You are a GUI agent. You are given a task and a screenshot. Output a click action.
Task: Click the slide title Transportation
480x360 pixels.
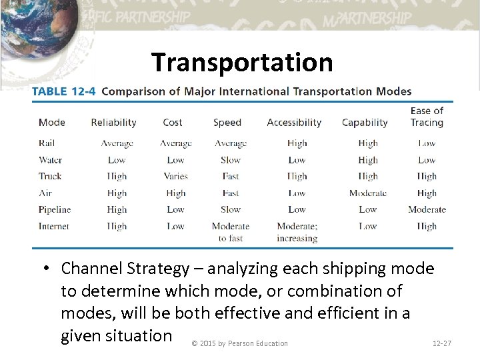pos(242,63)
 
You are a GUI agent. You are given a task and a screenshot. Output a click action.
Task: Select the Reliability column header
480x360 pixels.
pos(113,123)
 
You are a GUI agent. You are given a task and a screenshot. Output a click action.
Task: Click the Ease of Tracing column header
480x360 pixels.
pos(427,117)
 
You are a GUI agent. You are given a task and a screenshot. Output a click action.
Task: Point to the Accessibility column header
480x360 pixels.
pos(294,123)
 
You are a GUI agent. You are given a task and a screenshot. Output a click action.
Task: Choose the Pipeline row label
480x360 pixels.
pos(55,209)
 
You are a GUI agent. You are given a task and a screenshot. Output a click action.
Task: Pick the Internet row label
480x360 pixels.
pos(54,226)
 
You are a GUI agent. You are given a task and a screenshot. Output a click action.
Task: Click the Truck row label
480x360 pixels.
pos(50,176)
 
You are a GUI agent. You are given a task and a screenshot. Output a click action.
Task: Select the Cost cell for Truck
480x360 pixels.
pos(175,176)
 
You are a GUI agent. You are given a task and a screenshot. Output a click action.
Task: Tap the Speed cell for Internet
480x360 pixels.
pos(231,232)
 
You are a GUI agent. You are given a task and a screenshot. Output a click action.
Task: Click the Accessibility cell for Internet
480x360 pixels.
pos(297,232)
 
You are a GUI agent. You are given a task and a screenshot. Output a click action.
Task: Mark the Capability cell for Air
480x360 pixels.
pos(367,193)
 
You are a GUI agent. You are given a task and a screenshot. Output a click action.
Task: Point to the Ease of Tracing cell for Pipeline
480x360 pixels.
pos(427,209)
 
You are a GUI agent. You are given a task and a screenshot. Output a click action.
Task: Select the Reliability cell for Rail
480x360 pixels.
pos(117,143)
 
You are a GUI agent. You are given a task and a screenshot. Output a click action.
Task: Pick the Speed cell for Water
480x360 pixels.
pos(231,160)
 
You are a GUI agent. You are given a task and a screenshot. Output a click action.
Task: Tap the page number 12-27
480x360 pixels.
pos(442,343)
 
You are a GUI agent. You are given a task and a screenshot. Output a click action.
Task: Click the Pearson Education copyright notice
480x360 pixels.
pos(239,343)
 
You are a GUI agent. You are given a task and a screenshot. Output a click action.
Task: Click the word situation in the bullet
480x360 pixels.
pos(116,335)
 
